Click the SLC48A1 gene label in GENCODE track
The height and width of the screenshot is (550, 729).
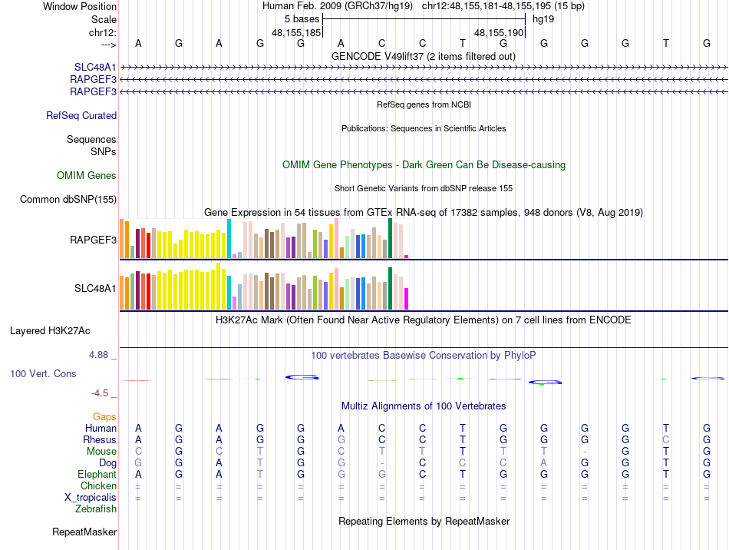pyautogui.click(x=95, y=68)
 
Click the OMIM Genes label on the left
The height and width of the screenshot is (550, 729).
pyautogui.click(x=87, y=176)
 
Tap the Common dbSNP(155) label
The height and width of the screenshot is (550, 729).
pyautogui.click(x=68, y=200)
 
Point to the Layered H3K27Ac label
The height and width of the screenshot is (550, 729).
pyautogui.click(x=50, y=331)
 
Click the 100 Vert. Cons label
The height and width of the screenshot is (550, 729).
pyautogui.click(x=43, y=373)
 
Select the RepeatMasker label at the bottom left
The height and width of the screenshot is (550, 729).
pyautogui.click(x=84, y=532)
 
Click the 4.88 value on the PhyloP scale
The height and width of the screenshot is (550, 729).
pyautogui.click(x=100, y=355)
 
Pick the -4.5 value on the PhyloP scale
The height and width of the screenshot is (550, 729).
pyautogui.click(x=100, y=393)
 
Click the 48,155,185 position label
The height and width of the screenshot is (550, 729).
pyautogui.click(x=296, y=33)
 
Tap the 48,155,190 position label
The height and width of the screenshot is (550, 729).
pyautogui.click(x=499, y=33)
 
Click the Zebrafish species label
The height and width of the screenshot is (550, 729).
pyautogui.click(x=96, y=509)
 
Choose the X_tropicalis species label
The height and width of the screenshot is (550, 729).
pyautogui.click(x=91, y=497)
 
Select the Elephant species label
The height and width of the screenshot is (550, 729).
pyautogui.click(x=97, y=475)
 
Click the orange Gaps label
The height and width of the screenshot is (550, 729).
pyautogui.click(x=104, y=416)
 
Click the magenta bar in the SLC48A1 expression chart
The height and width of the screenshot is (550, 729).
pyautogui.click(x=406, y=299)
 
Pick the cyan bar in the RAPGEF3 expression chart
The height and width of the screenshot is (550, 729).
pyautogui.click(x=229, y=239)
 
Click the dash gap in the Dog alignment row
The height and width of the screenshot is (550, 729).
pyautogui.click(x=381, y=463)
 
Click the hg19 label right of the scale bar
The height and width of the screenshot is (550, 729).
pyautogui.click(x=543, y=18)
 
